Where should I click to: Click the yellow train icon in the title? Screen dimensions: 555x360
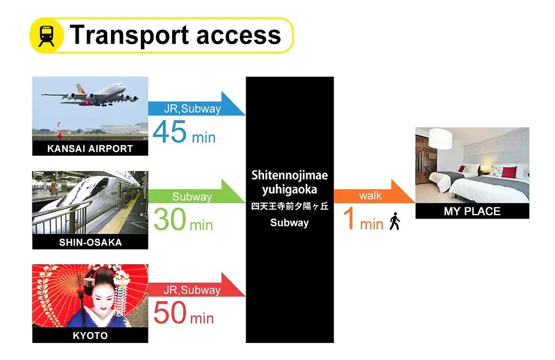click(47, 35)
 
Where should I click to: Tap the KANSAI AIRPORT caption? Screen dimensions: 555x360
click(90, 149)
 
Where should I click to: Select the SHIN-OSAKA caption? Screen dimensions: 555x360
click(90, 242)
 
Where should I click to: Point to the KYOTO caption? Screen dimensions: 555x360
click(90, 335)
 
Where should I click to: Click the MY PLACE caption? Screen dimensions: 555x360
click(472, 211)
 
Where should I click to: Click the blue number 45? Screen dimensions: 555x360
click(170, 132)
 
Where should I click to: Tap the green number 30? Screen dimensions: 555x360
click(170, 219)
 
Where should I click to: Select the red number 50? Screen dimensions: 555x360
click(170, 313)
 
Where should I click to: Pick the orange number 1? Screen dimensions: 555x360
click(349, 218)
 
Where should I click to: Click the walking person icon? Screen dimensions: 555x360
click(395, 221)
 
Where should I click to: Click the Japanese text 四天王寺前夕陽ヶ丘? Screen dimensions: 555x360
click(289, 206)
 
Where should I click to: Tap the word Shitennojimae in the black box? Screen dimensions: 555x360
click(289, 175)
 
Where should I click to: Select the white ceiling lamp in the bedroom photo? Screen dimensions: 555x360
click(440, 138)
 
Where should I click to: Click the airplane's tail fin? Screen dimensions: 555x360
click(81, 89)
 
